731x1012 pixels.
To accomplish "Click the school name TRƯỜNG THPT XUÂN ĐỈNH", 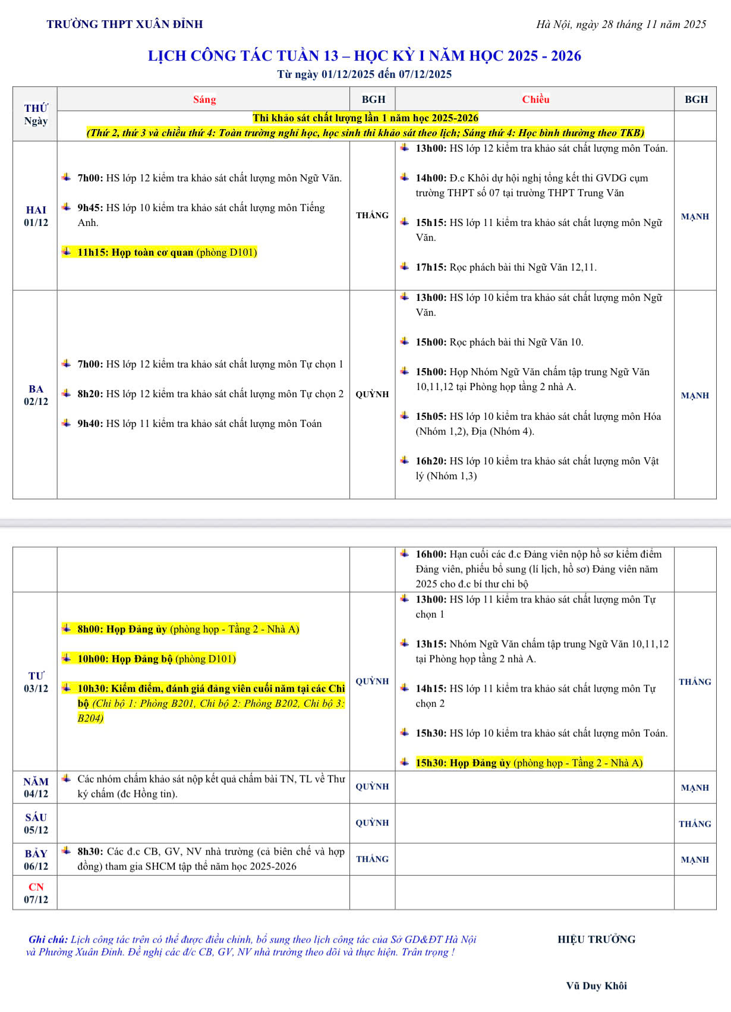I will click(125, 24).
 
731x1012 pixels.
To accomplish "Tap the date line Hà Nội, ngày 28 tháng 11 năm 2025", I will click(621, 24).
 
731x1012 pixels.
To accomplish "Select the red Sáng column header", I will click(204, 99).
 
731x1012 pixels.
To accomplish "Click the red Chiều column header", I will click(535, 99).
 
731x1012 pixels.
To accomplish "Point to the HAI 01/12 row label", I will click(36, 216).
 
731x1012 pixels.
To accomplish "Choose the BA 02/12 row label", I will click(36, 395).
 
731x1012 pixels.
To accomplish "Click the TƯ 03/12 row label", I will click(36, 682).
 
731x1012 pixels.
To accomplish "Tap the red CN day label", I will click(36, 887).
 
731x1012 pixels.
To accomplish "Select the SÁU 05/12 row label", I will click(36, 824).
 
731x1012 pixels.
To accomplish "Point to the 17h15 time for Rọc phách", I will click(431, 268).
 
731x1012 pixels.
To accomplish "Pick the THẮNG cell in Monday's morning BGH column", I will click(373, 215).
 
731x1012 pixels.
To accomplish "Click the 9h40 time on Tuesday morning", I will click(90, 423).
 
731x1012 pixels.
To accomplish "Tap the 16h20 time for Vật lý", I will click(431, 461).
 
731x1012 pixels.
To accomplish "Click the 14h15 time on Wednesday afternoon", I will click(431, 689).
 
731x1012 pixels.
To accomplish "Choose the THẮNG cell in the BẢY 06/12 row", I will click(373, 859).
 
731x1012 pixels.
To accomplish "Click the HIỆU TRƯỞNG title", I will click(596, 939).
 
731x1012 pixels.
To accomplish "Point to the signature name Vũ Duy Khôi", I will click(596, 986).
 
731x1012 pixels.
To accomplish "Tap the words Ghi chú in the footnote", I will click(48, 939).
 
